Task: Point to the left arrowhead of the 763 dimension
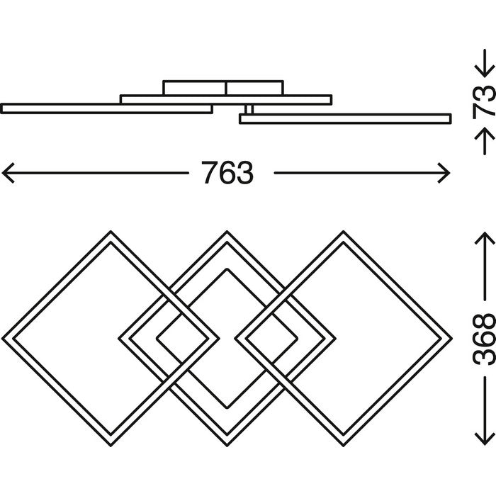(6, 171)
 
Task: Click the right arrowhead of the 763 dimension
(447, 171)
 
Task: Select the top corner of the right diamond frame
(344, 232)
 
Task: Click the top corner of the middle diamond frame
(227, 232)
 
